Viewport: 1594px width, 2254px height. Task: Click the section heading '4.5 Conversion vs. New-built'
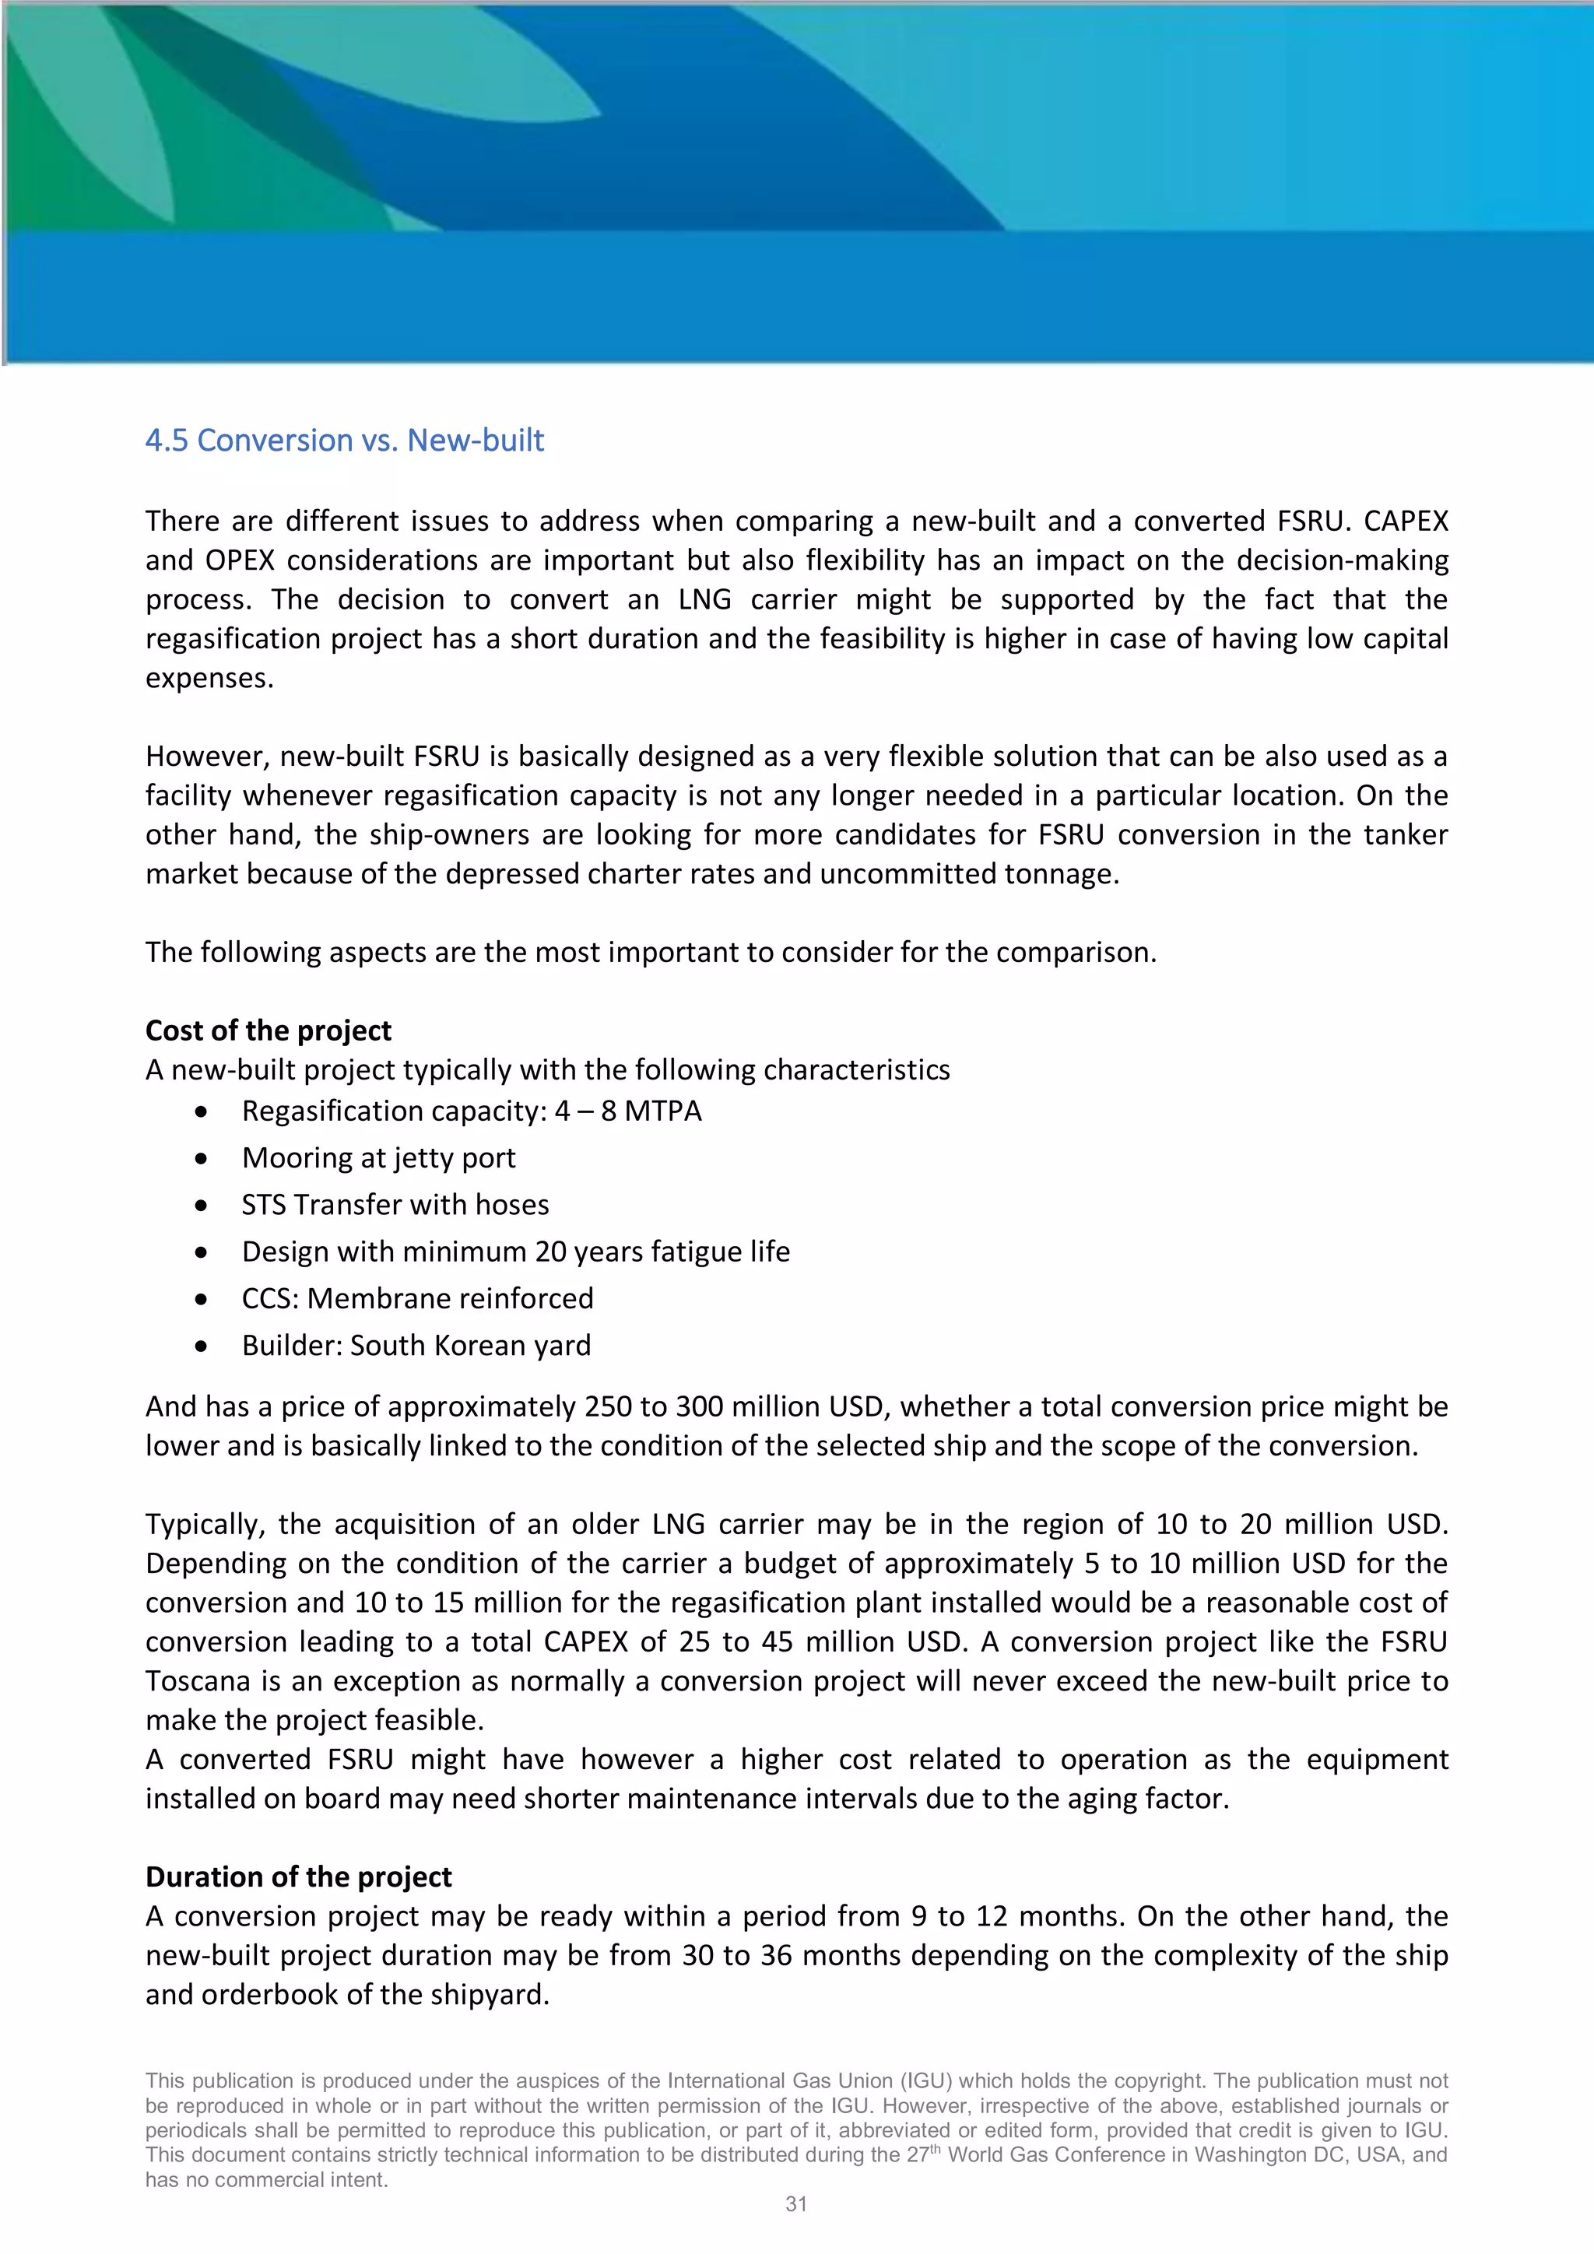point(345,441)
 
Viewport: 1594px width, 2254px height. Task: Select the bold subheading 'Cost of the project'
point(268,1030)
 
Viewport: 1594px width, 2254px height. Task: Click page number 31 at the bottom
point(796,2204)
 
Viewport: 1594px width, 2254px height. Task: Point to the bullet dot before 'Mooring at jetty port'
point(202,1158)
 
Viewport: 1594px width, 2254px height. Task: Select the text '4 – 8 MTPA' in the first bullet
point(628,1111)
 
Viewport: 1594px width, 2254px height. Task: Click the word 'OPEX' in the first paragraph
point(241,560)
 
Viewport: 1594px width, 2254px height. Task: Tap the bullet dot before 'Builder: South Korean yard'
point(202,1346)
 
